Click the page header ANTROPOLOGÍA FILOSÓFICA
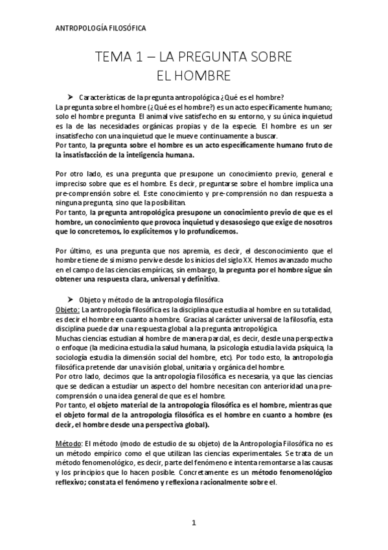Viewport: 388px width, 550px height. click(x=98, y=29)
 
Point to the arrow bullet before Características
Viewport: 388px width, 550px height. click(x=73, y=97)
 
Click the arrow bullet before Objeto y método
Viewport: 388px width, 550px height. click(x=73, y=300)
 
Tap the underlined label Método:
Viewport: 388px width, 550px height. click(x=69, y=442)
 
